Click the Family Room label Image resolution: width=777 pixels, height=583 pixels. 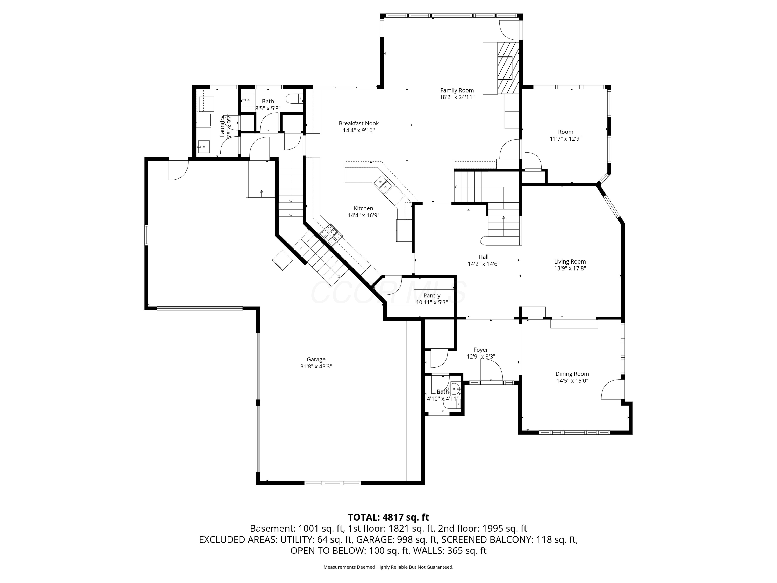pos(457,90)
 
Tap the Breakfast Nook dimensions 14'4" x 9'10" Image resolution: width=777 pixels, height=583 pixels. pos(359,130)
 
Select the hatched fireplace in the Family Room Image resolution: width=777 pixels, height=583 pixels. pos(508,68)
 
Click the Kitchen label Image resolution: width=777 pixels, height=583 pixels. pos(363,208)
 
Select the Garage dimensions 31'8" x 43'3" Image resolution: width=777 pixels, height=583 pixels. pos(316,366)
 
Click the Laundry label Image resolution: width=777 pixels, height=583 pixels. pos(222,126)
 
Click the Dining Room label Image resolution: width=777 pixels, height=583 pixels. pos(572,374)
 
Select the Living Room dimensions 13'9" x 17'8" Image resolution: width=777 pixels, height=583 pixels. pos(570,268)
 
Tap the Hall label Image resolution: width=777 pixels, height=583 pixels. pos(483,257)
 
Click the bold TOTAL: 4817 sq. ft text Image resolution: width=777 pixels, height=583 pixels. pos(388,517)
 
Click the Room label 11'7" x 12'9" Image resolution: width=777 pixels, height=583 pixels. pos(566,132)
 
